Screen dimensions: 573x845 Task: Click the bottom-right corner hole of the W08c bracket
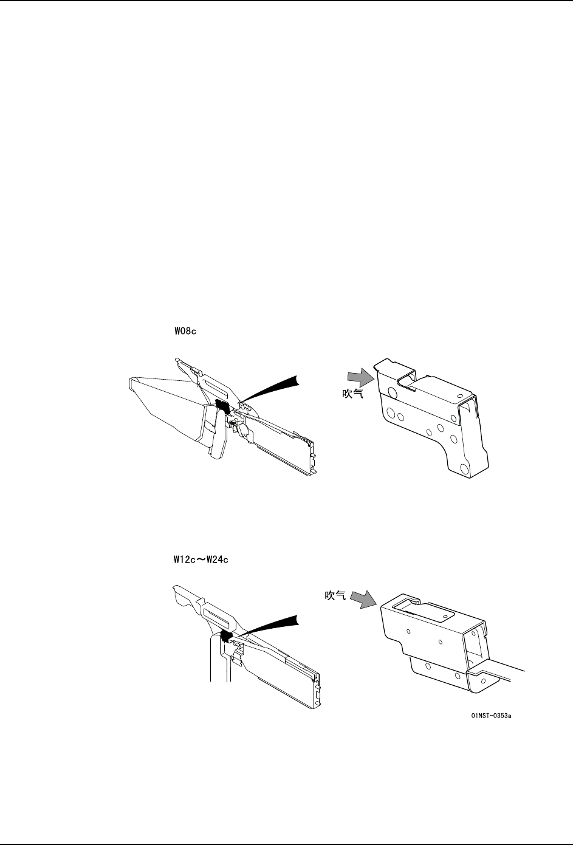[x=465, y=468]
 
